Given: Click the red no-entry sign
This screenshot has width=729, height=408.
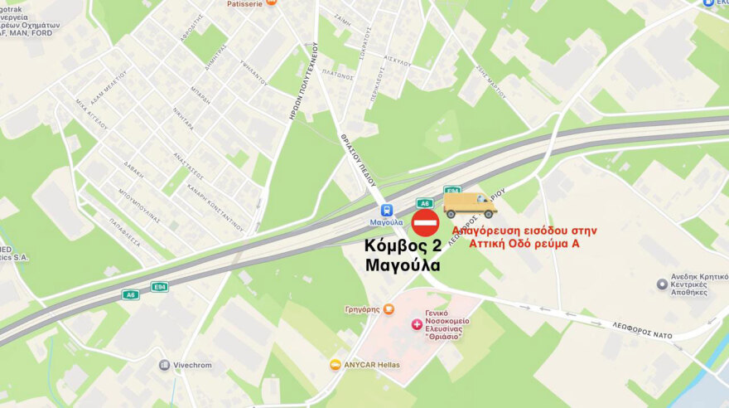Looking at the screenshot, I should click(425, 223).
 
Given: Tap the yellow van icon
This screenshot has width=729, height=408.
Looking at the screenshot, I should click(470, 204).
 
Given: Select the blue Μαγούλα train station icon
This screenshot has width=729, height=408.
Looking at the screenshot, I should click(386, 209).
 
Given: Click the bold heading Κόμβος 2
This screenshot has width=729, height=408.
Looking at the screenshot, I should click(403, 246).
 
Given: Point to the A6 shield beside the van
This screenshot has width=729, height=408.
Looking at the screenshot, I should click(425, 203).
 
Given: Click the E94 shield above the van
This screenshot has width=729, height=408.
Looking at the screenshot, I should click(451, 190).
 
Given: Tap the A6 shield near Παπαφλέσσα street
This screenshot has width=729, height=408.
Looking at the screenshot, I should click(130, 294).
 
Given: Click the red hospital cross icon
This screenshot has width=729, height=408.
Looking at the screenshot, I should click(416, 323).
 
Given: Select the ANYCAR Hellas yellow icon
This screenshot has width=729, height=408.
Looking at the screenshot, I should click(335, 364).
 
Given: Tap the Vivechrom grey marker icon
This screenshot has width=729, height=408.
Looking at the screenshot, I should click(165, 365).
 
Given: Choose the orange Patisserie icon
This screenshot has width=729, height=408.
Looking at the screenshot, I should click(271, 3).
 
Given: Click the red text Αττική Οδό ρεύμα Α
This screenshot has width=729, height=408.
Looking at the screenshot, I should click(524, 243).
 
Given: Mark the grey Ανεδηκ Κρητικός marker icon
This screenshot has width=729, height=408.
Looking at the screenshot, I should click(662, 284).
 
